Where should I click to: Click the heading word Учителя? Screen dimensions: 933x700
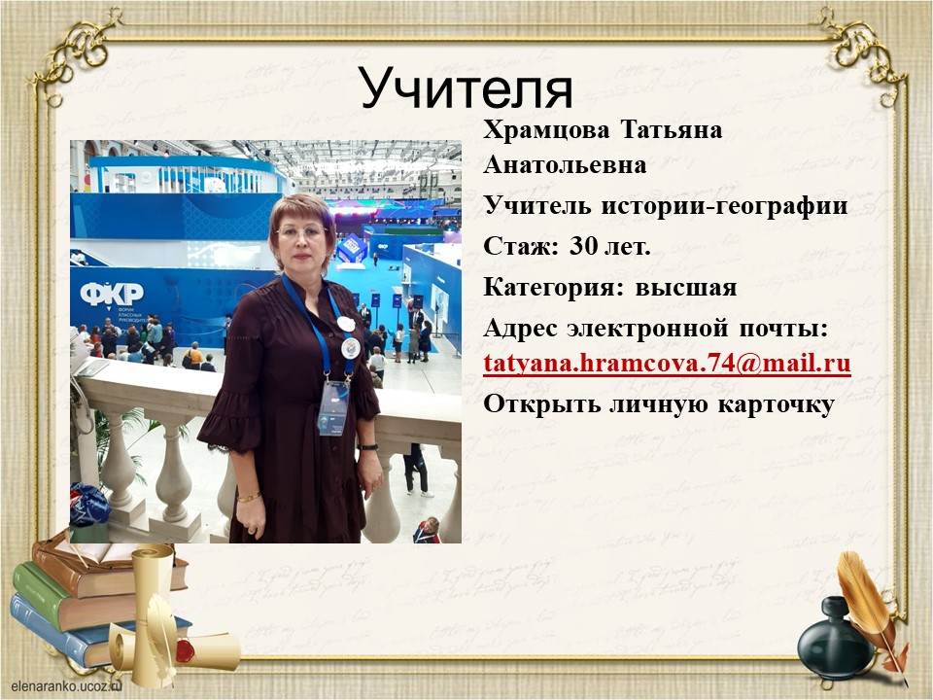point(466,89)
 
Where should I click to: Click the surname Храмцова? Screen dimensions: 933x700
point(546,129)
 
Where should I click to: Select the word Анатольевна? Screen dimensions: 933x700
point(565,165)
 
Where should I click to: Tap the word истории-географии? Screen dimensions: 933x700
point(725,206)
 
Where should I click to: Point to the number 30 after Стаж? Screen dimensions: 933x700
point(583,245)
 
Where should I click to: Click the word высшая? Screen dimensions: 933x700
point(686,288)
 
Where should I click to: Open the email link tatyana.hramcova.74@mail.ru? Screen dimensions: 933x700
point(667,363)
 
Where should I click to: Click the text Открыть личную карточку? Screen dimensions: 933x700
point(659,404)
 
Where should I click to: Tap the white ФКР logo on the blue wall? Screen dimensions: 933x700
point(112,294)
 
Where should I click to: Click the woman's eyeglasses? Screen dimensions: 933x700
point(301,232)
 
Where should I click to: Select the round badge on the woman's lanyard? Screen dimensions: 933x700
point(351,348)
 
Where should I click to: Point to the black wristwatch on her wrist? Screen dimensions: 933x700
point(367,446)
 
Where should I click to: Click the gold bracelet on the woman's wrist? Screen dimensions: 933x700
point(249,497)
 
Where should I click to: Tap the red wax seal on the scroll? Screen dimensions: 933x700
point(186,650)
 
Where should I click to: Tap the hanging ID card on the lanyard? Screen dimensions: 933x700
point(333,407)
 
